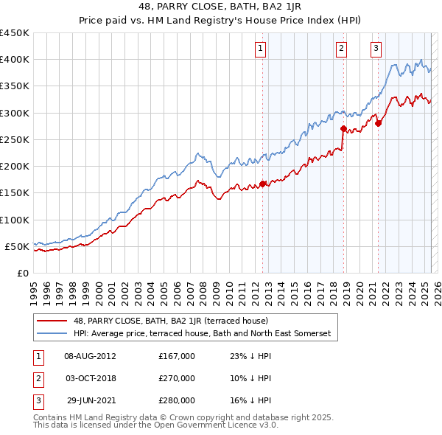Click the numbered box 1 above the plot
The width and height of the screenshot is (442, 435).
262,49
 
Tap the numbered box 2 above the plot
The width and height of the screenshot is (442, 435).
342,49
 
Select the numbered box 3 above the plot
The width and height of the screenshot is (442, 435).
376,49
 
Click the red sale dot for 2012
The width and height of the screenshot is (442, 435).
262,184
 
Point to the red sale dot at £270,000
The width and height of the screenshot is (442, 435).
343,128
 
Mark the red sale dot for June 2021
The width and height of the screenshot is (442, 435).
378,123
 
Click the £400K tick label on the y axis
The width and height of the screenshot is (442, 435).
15,60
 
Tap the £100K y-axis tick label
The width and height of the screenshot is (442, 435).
15,220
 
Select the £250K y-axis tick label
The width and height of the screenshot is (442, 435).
15,139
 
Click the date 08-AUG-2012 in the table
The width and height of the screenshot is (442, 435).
91,356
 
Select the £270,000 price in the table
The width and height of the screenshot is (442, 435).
177,378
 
